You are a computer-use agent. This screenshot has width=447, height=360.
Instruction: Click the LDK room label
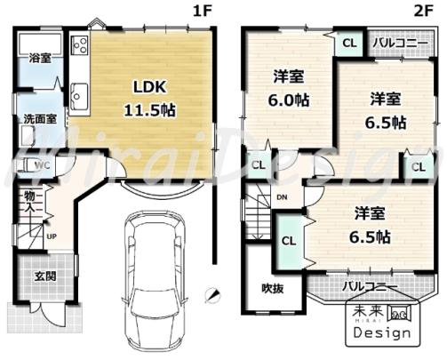pyautogui.click(x=150, y=87)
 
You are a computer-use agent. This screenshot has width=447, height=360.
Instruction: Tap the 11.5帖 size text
pyautogui.click(x=149, y=110)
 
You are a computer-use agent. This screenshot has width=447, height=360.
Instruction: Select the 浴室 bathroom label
pyautogui.click(x=40, y=58)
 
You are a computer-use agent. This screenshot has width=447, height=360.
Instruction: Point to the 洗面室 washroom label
pyautogui.click(x=40, y=119)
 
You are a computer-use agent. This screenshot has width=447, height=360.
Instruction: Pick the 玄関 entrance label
pyautogui.click(x=45, y=276)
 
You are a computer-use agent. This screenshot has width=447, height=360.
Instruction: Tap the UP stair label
pyautogui.click(x=52, y=236)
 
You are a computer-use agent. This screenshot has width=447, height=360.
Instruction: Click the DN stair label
pyautogui.click(x=282, y=197)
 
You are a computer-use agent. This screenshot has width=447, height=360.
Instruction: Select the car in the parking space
pyautogui.click(x=154, y=282)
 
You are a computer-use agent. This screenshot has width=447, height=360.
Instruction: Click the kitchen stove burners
pyautogui.click(x=80, y=45)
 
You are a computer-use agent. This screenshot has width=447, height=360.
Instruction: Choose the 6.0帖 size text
pyautogui.click(x=289, y=100)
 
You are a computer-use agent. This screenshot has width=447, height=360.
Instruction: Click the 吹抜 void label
pyautogui.click(x=273, y=288)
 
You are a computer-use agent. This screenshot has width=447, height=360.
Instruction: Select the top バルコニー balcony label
pyautogui.click(x=400, y=44)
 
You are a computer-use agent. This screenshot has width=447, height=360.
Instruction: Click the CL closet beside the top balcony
pyautogui.click(x=349, y=44)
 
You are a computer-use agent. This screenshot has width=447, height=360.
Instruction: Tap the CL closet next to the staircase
pyautogui.click(x=289, y=241)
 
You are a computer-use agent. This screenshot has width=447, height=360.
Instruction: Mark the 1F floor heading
pyautogui.click(x=203, y=12)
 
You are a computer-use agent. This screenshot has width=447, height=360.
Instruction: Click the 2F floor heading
pyautogui.click(x=424, y=12)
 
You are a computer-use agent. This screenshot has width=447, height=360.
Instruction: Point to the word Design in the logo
pyautogui.click(x=382, y=332)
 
